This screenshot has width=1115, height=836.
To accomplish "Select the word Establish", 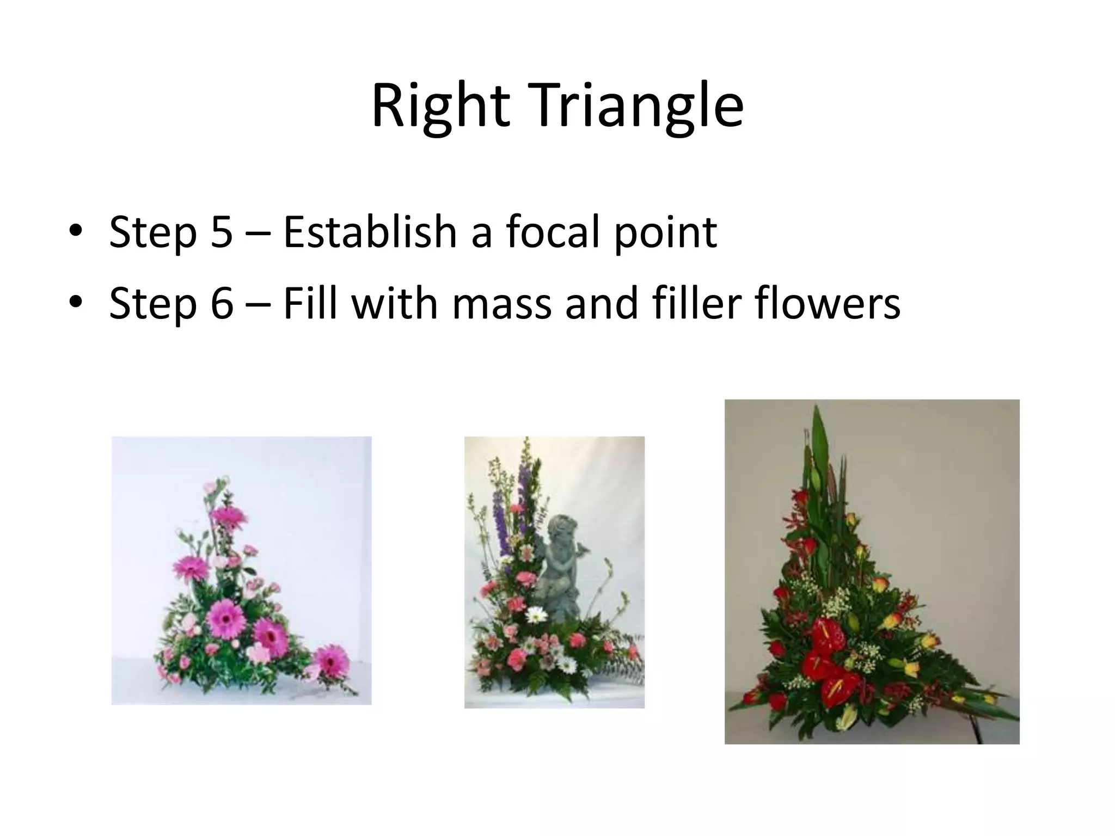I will (370, 232).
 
